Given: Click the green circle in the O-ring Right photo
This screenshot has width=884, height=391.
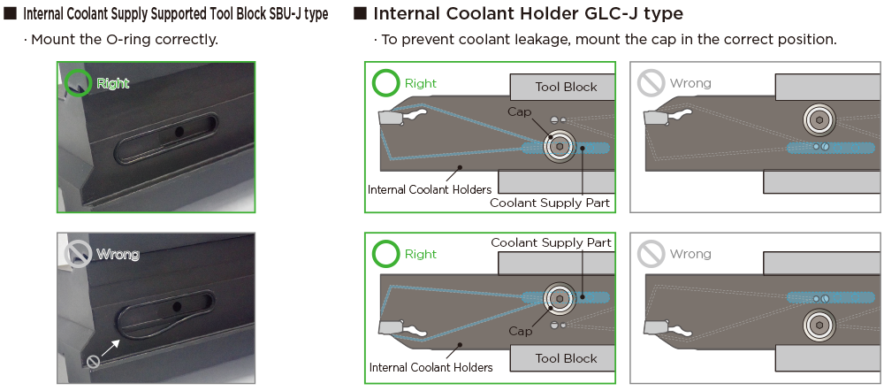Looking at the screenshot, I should coord(79,80).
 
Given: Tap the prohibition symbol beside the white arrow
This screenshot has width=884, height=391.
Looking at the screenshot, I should coord(93,361).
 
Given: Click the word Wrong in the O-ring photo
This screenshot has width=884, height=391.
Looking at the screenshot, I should coord(118,255).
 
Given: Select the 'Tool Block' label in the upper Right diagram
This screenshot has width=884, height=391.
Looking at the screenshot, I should coord(566,87).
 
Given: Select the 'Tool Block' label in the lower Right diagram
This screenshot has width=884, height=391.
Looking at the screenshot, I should coord(566,358).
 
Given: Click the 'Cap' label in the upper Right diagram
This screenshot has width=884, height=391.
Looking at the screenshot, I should coord(519,111).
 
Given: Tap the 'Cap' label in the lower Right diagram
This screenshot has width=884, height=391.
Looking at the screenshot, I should coord(520,331).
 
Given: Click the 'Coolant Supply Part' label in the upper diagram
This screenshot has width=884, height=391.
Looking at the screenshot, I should coord(550,203).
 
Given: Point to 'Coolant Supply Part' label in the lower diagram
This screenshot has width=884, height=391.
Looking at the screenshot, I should coord(550,241).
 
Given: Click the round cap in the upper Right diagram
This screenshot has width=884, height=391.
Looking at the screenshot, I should coord(559,147).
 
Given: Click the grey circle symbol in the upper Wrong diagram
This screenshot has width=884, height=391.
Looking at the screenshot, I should coord(651,84).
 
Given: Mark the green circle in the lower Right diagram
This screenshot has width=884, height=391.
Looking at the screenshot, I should coord(386,254).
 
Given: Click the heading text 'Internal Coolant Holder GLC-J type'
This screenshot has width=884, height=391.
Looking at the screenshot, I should coord(528,14).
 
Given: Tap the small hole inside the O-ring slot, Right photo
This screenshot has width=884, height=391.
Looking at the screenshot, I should coord(179,131).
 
